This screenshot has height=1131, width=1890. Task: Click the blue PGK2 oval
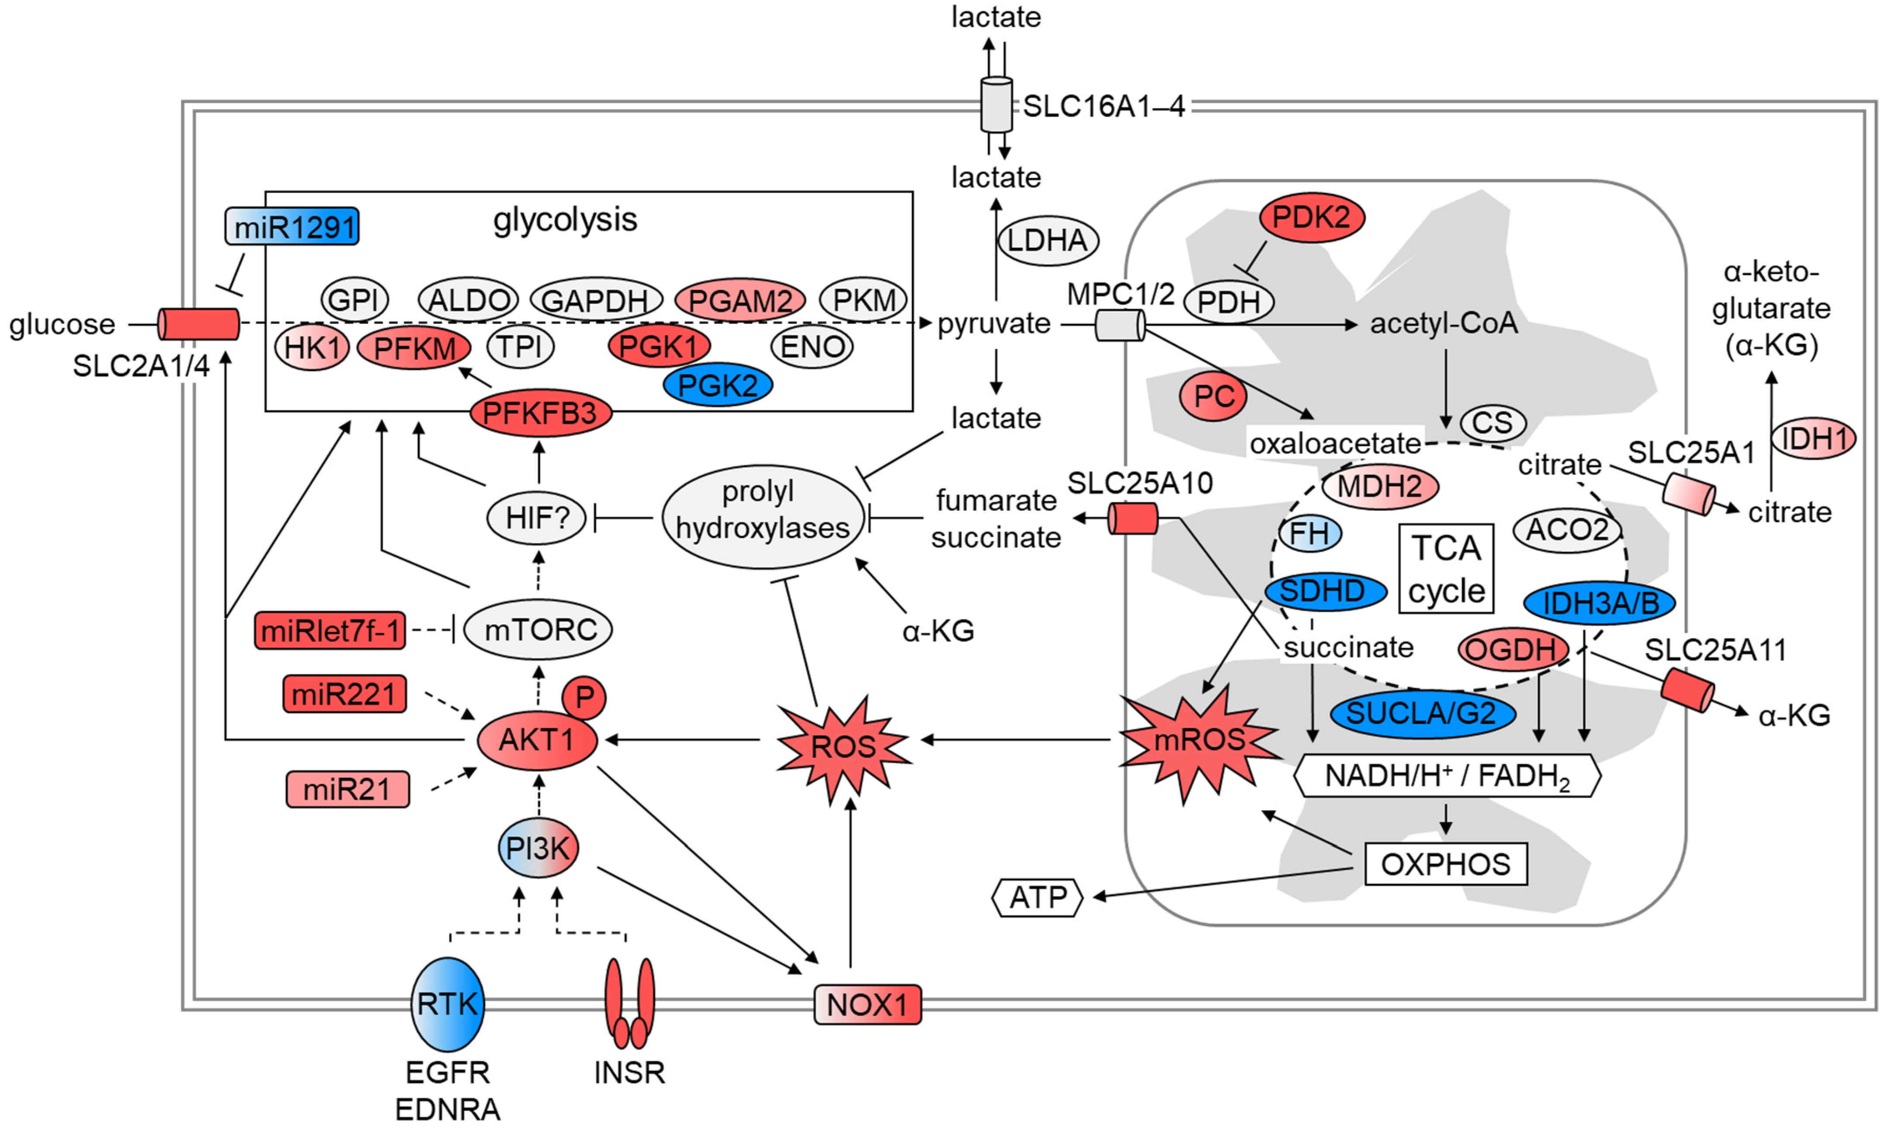coord(717,385)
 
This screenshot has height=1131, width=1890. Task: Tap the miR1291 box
coord(292,227)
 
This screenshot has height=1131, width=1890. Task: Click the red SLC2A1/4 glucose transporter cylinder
coord(198,324)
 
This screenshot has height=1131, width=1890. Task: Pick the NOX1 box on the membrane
coord(867,1004)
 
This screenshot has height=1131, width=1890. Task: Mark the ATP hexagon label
coord(1037,898)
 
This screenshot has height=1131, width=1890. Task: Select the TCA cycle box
coord(1446,568)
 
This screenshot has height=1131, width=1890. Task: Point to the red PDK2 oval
coord(1312,218)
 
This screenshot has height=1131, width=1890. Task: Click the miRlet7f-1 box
coord(330,630)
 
